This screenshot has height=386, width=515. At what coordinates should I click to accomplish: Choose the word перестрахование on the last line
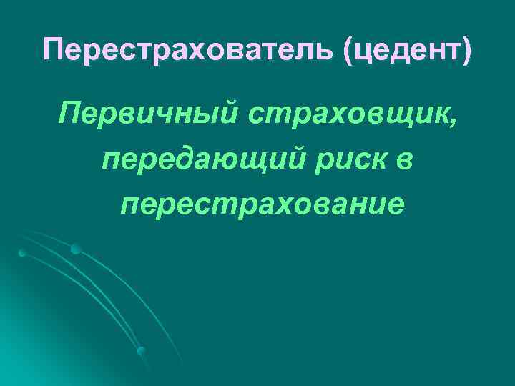tap(262, 204)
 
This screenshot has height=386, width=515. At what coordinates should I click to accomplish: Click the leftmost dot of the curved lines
tap(21, 254)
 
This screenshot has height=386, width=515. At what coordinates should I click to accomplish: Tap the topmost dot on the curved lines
tap(75, 249)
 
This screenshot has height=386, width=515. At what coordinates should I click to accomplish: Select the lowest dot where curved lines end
tap(142, 351)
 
